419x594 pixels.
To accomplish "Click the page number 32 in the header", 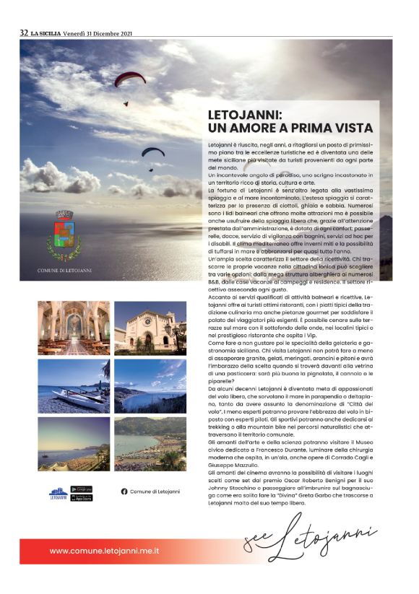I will pyautogui.click(x=24, y=32).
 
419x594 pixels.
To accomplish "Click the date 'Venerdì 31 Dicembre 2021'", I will pyautogui.click(x=97, y=32).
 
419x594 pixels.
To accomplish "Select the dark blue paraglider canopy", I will pyautogui.click(x=152, y=152).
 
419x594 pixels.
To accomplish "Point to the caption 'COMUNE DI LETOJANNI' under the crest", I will pyautogui.click(x=64, y=271).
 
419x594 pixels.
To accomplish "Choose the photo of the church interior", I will pyautogui.click(x=74, y=328).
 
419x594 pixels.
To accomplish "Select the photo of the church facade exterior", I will pyautogui.click(x=150, y=328).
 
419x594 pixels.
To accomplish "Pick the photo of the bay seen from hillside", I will pyautogui.click(x=150, y=385).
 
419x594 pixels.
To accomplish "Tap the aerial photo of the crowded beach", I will pyautogui.click(x=150, y=444).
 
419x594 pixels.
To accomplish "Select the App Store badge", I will pyautogui.click(x=82, y=497).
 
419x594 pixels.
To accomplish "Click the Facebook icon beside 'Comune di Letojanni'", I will pyautogui.click(x=124, y=492).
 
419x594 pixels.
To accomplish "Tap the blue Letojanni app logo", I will pyautogui.click(x=59, y=493).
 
